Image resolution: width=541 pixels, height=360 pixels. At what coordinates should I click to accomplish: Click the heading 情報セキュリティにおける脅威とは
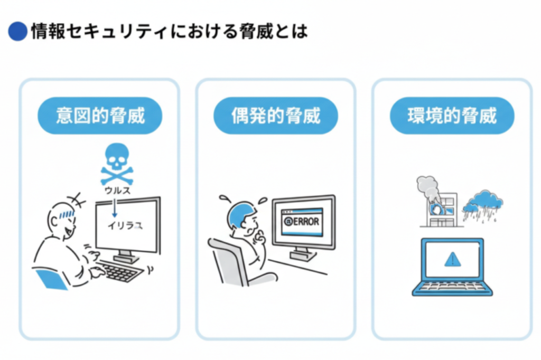point(168,32)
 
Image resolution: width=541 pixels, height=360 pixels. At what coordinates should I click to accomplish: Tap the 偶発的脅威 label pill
point(275,116)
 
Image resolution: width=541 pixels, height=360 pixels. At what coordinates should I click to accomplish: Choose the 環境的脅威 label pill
point(452,116)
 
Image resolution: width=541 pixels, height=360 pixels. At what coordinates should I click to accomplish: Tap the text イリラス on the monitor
point(125,225)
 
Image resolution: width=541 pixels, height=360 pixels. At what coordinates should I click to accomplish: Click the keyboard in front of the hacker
point(120,271)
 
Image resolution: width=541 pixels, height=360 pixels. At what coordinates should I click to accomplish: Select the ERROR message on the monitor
point(302,221)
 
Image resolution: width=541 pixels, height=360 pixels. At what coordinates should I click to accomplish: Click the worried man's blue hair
point(239,211)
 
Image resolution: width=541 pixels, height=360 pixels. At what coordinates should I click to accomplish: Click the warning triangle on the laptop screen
point(452,259)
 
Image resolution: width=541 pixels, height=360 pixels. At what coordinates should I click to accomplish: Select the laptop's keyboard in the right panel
point(452,287)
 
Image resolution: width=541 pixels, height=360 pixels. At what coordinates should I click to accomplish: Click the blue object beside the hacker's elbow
point(50,278)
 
